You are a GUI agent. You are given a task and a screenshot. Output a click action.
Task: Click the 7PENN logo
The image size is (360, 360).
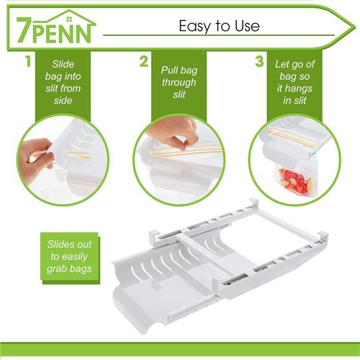55,27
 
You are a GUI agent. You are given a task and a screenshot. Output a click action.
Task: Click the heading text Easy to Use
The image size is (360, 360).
219,26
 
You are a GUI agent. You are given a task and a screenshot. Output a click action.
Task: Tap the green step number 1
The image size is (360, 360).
29,61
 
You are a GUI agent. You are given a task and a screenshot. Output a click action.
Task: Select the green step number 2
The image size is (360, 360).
143,61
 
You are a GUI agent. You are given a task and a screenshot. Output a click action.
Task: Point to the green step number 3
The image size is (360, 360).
259,61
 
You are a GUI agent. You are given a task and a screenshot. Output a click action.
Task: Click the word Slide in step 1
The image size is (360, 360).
63,64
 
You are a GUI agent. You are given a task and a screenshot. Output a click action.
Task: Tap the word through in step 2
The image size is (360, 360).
179,82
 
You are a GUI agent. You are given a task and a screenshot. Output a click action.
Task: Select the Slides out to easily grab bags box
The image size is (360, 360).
70,258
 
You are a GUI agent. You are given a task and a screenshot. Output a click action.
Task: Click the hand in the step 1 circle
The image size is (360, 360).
36,157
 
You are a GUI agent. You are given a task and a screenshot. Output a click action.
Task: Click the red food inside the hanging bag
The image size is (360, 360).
295,180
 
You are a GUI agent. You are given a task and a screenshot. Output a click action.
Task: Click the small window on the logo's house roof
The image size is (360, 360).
69,19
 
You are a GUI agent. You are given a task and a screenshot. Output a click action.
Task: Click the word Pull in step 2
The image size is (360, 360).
169,70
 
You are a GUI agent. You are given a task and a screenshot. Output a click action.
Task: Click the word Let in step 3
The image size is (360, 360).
282,64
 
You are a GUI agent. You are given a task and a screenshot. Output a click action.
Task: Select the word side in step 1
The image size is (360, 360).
63,100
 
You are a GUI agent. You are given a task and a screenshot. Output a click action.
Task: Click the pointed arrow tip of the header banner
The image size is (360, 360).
355,26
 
